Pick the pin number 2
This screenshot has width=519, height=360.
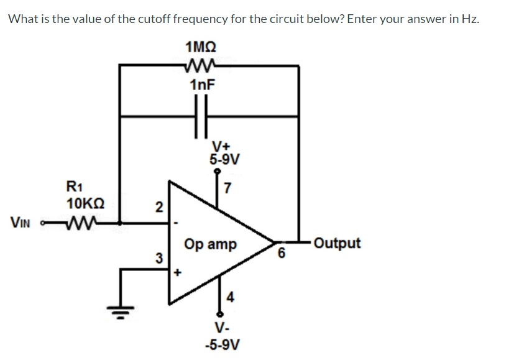pyautogui.click(x=159, y=207)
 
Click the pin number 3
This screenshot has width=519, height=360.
pyautogui.click(x=159, y=257)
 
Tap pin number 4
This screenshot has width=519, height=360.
pyautogui.click(x=229, y=297)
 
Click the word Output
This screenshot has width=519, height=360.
pyautogui.click(x=337, y=242)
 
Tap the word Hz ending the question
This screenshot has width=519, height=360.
pyautogui.click(x=471, y=17)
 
